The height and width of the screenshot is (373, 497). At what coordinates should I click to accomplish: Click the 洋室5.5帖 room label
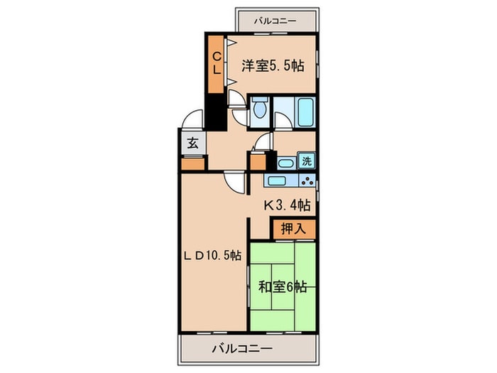point(273,66)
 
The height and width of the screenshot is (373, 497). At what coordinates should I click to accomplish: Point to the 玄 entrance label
point(192,142)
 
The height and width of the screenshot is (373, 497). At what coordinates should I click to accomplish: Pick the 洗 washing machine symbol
point(306,161)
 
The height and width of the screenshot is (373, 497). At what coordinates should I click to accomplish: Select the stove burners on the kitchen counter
point(307,180)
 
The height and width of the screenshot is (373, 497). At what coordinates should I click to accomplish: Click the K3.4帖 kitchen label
point(287,205)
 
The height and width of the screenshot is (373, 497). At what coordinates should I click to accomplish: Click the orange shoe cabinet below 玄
point(192,163)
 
